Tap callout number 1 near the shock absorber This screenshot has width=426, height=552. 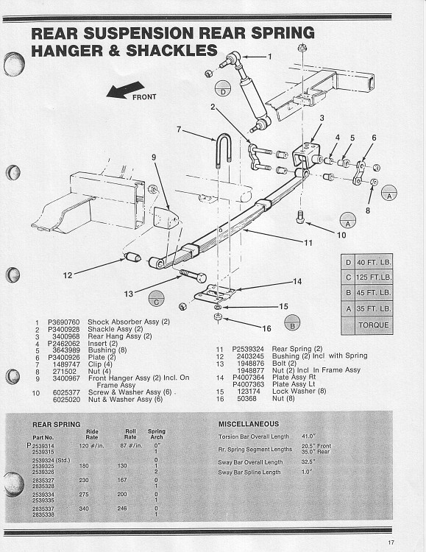click(x=269, y=57)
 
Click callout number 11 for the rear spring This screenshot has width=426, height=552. click(x=308, y=242)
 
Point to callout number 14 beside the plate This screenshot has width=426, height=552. click(x=297, y=281)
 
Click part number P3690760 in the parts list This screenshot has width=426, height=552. click(x=63, y=322)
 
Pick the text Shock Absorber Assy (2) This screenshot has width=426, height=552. click(x=129, y=322)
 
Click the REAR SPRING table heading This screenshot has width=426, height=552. click(x=56, y=425)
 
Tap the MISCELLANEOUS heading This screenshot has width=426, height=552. click(x=249, y=424)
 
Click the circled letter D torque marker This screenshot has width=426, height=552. click(x=223, y=91)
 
